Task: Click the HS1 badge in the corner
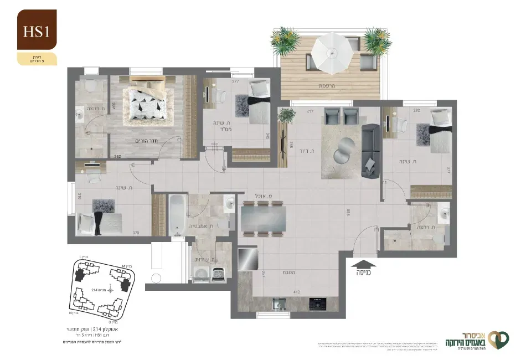tap(37, 31)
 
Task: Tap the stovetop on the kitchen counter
tap(317, 304)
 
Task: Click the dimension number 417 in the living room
tap(302, 112)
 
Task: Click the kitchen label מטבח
tap(288, 272)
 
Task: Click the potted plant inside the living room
tap(287, 115)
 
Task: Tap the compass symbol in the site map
tap(111, 288)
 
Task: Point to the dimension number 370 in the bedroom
tap(136, 233)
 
